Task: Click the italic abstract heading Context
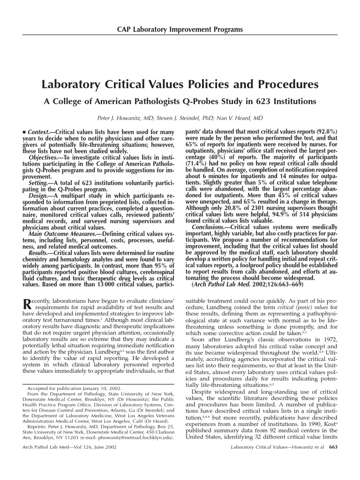pos(39,133)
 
